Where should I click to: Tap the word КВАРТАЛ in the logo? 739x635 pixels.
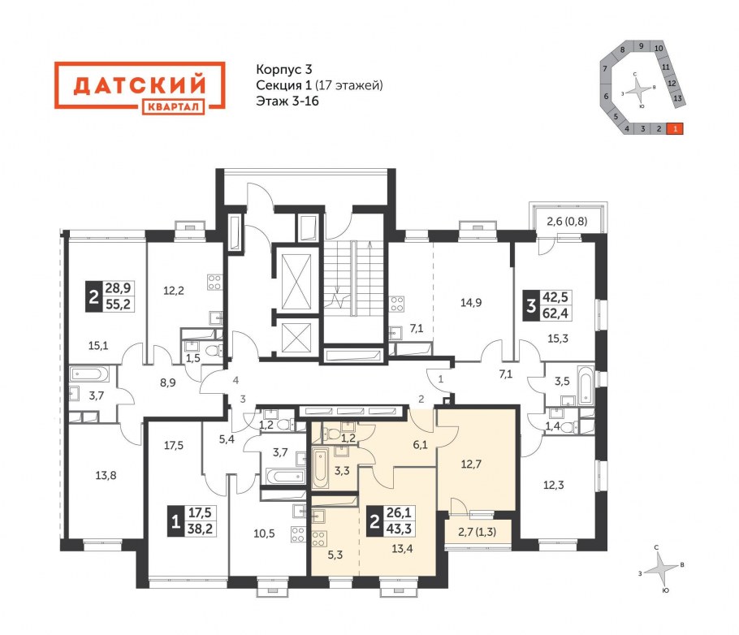pos(173,107)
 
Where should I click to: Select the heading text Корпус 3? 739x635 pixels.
pos(283,69)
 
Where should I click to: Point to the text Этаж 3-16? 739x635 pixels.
pos(287,101)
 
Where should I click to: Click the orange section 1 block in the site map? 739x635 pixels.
pos(675,128)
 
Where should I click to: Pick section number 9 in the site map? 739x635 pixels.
pos(641,45)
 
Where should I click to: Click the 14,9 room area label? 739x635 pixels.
pos(471,303)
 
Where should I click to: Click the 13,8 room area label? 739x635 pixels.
pos(106,475)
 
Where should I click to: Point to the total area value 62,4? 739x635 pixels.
pos(555,313)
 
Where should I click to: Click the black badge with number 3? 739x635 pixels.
pos(531,305)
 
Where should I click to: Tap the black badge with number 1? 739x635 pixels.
pos(175,521)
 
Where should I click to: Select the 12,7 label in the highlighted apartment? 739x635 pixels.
pos(471,464)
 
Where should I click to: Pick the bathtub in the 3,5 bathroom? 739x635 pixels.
pos(586,385)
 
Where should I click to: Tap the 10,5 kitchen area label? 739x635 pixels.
pos(264,533)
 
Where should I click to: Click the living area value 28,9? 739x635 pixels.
pos(118,288)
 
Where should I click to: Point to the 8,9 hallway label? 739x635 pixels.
pos(167,382)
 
